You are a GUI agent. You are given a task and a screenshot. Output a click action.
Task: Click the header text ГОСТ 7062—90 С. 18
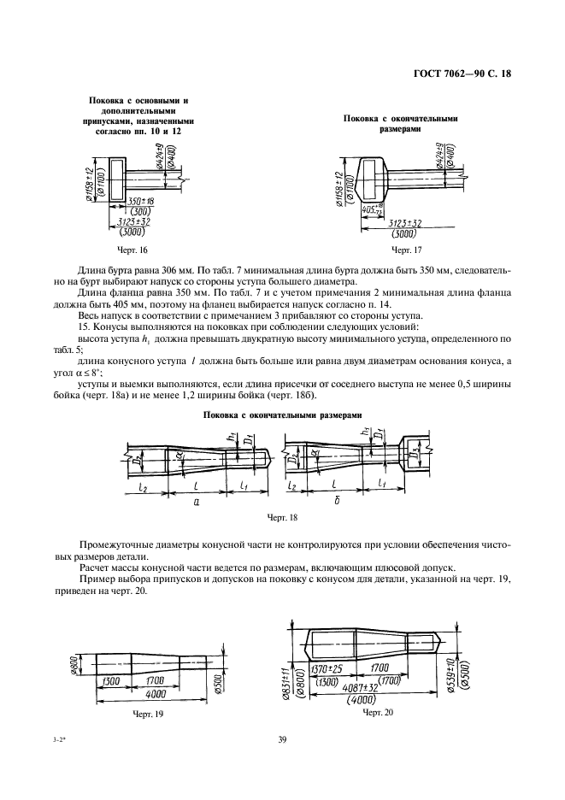pos(462,74)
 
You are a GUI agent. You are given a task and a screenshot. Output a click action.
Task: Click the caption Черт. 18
pos(283,517)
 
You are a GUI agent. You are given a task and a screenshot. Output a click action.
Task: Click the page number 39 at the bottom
pos(282,740)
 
